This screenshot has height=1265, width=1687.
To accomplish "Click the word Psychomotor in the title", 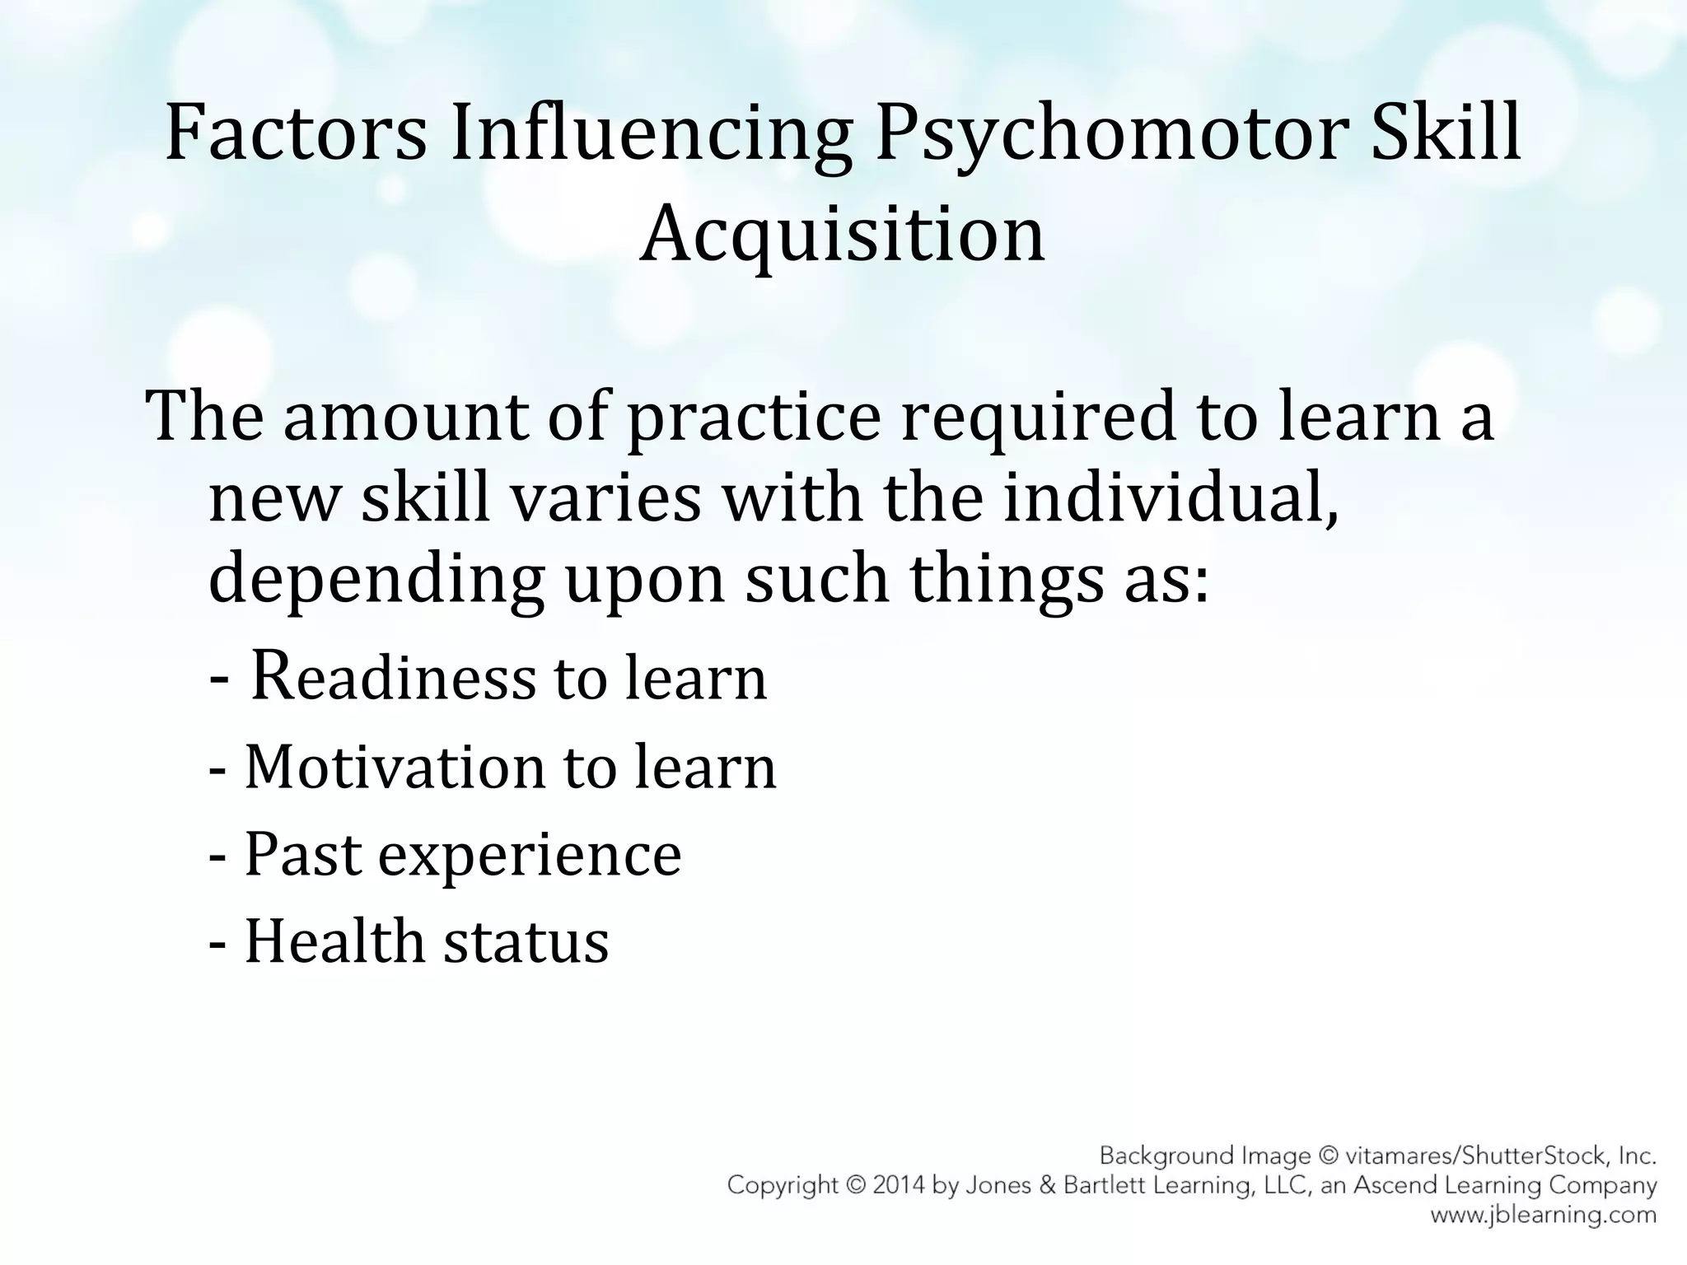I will coord(1110,133).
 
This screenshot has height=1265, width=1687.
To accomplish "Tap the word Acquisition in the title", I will coord(842,234).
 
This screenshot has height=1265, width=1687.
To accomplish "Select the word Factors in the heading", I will coord(296,133).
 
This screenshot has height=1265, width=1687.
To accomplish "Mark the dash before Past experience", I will coord(218,857).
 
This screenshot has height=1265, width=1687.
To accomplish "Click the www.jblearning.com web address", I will coord(1543,1215).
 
